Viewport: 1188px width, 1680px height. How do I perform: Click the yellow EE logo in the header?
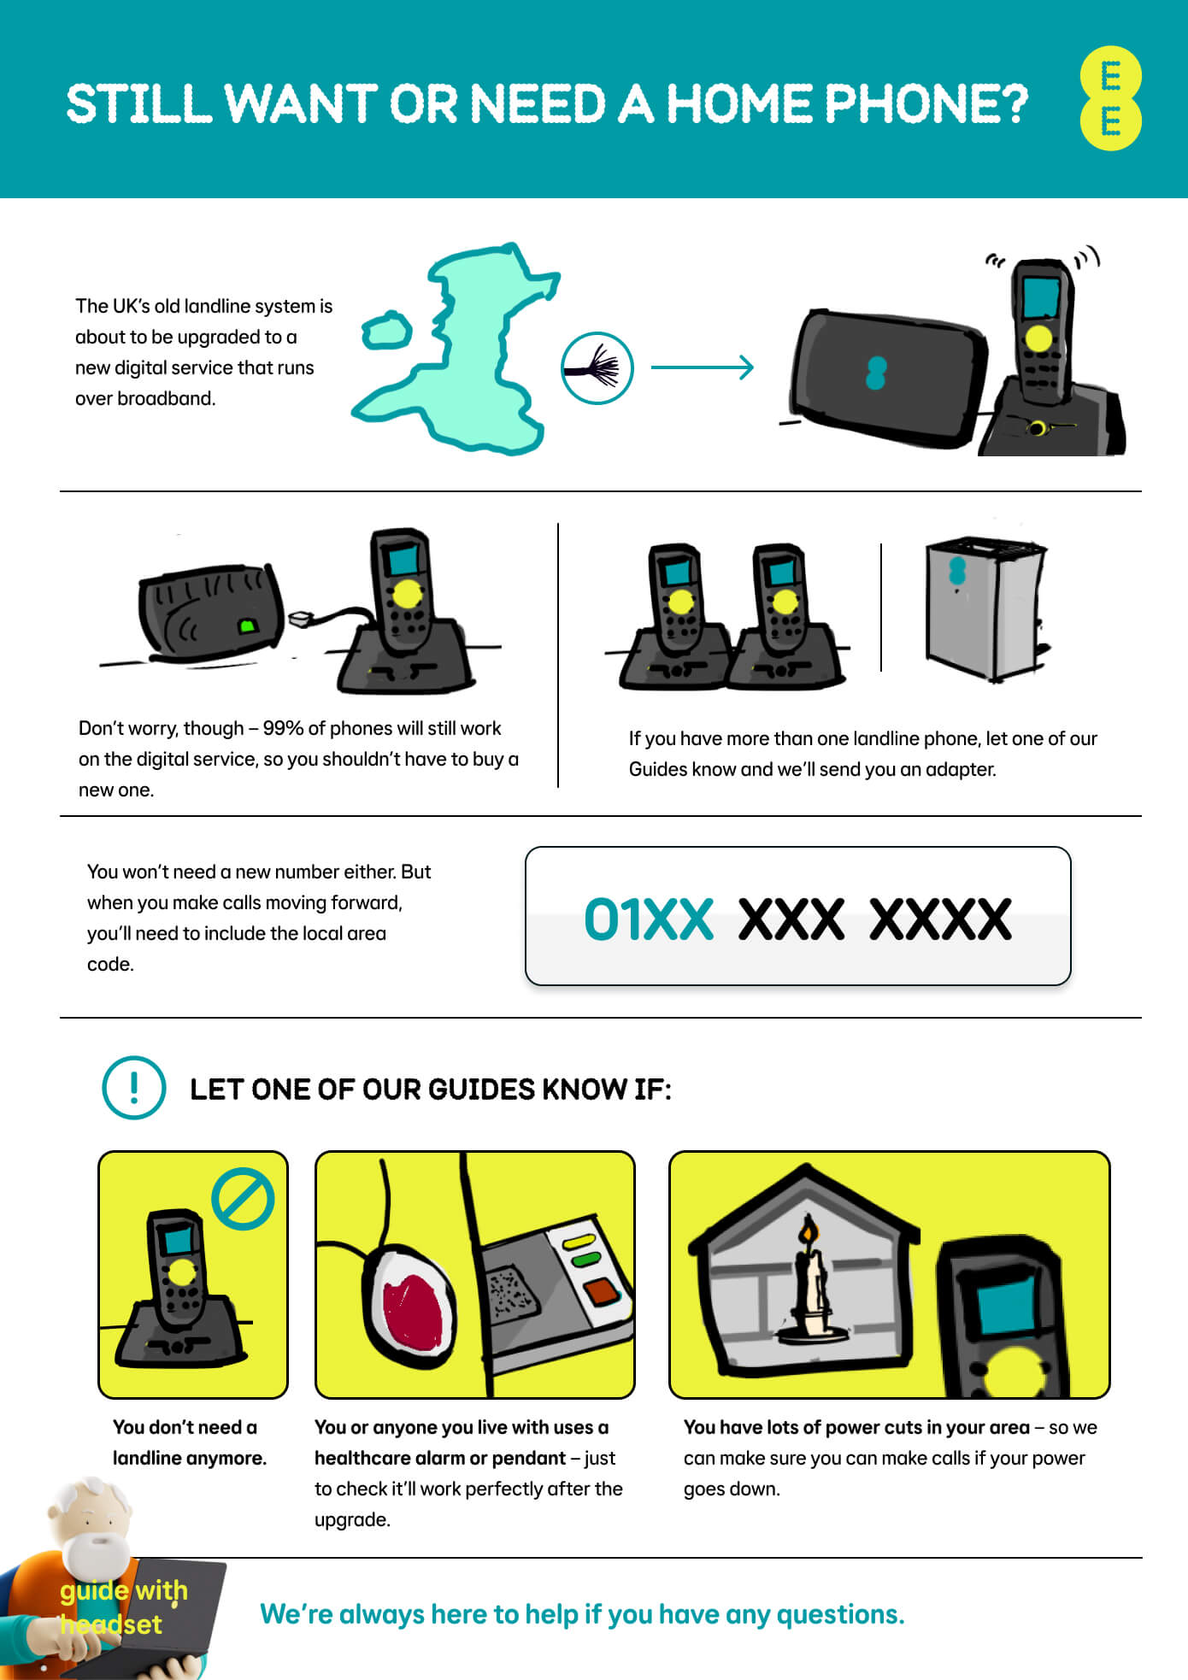point(1110,99)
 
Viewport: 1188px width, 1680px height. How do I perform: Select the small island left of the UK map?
point(386,330)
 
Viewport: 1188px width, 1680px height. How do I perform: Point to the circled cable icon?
point(597,368)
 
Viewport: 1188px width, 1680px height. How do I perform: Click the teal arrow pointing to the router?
point(702,367)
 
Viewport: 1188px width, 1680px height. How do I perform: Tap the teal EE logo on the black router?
point(876,373)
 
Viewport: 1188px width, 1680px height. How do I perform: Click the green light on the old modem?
point(248,626)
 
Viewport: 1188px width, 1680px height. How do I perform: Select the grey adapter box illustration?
point(986,608)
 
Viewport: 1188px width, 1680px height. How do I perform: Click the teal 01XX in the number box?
point(649,919)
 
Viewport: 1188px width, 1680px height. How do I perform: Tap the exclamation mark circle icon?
point(133,1088)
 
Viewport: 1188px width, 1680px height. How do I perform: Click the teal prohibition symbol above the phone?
point(243,1199)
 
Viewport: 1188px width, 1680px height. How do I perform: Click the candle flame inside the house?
point(807,1231)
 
